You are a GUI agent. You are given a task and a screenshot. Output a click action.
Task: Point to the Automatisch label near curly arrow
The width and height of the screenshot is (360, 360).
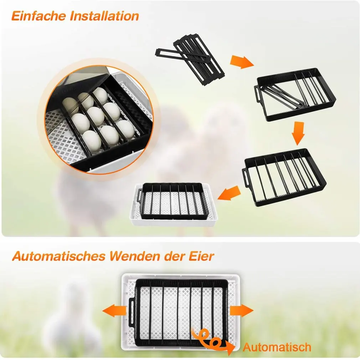point(277,346)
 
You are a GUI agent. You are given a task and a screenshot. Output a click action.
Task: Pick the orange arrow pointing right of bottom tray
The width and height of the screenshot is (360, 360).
point(241,310)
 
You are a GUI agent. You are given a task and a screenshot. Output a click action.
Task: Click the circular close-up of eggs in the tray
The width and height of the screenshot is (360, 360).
point(96,119)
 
